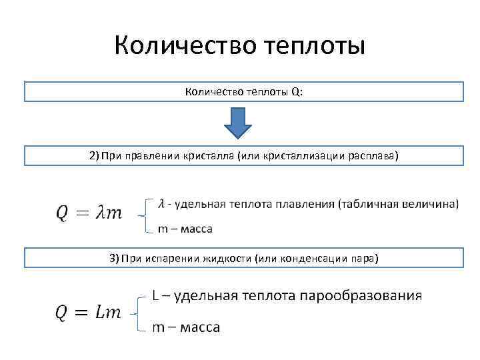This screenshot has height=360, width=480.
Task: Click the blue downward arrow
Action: [x=238, y=123]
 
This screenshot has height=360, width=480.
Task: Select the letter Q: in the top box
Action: [x=297, y=92]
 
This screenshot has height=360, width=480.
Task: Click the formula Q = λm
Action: [x=89, y=213]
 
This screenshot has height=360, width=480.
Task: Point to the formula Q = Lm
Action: [x=89, y=312]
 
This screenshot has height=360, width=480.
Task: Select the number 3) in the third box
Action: [x=115, y=257]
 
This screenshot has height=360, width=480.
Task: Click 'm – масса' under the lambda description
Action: [x=185, y=229]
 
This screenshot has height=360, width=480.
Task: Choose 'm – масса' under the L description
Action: [x=186, y=327]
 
